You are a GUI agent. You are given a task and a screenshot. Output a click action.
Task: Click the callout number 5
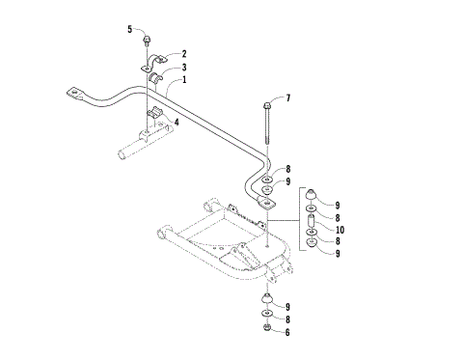pos(129,30)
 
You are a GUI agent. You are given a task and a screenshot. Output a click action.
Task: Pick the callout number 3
pos(184,68)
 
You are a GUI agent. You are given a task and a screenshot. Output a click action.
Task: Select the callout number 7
pos(286,98)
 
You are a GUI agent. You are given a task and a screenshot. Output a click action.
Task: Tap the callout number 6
pos(286,331)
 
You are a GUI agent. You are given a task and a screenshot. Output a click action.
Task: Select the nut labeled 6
pos(264,330)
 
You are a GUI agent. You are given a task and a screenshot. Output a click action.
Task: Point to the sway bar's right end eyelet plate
pos(262,203)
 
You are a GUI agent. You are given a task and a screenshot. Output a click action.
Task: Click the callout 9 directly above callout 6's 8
pos(286,305)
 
